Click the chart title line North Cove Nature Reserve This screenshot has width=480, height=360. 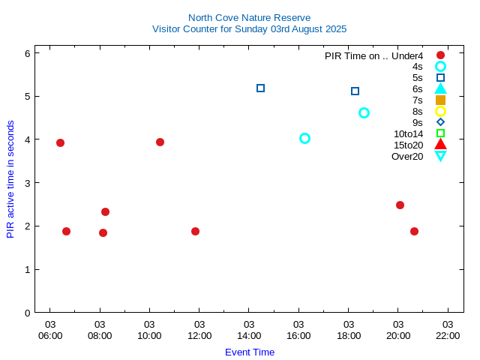point(249,17)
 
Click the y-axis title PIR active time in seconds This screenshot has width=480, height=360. point(10,178)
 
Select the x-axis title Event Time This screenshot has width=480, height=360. point(250,352)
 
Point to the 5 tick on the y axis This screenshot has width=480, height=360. point(27,97)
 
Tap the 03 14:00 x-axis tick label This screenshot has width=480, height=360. point(249,330)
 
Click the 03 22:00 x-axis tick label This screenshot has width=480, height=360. point(448,330)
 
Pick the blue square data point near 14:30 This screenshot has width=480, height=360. point(261,88)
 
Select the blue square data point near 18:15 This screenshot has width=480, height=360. point(355,91)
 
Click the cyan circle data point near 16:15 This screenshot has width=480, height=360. point(304,138)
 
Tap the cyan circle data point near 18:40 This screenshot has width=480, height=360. point(364,112)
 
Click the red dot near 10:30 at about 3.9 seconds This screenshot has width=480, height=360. point(160,142)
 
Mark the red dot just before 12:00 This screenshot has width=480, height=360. point(195,231)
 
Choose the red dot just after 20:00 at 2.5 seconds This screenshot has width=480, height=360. point(400,205)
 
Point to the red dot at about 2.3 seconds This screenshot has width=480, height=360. point(105,211)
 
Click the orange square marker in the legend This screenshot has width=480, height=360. point(441,100)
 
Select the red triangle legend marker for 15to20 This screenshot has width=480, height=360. point(441,145)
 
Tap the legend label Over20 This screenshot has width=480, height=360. point(407,156)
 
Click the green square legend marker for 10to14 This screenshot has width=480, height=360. point(441,133)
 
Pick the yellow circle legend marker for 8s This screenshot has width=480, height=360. point(441,111)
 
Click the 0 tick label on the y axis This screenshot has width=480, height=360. point(27,313)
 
